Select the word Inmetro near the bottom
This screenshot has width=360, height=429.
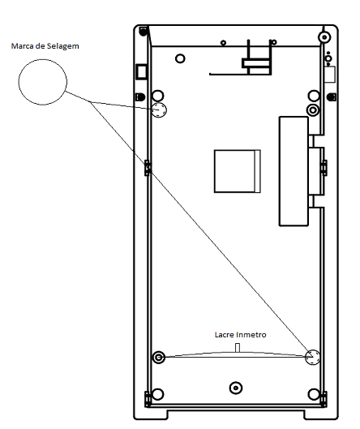251,335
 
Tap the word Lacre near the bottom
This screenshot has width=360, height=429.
224,335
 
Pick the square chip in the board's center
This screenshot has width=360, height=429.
238,171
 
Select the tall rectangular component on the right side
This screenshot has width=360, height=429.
294,171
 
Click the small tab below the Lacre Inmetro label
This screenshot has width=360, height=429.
238,348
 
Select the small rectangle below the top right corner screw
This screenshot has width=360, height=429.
330,74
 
